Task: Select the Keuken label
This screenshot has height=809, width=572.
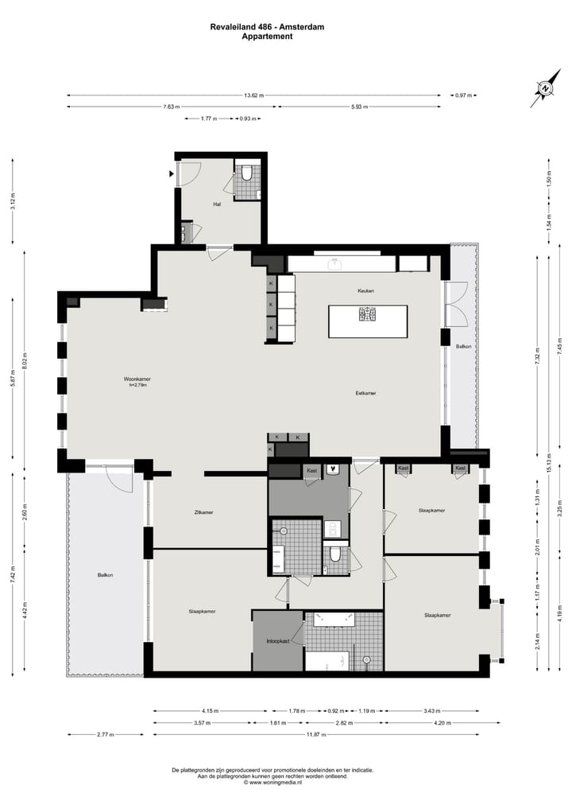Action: pyautogui.click(x=365, y=291)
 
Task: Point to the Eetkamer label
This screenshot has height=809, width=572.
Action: pyautogui.click(x=365, y=393)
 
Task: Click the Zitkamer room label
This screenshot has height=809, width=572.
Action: pyautogui.click(x=203, y=512)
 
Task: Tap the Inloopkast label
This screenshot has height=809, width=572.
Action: pyautogui.click(x=277, y=641)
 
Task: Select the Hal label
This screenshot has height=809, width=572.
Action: pyautogui.click(x=216, y=204)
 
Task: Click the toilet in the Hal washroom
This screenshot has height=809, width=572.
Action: pyautogui.click(x=247, y=173)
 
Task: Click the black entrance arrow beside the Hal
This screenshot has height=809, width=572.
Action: pyautogui.click(x=171, y=173)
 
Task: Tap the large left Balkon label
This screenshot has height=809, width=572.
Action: pyautogui.click(x=105, y=574)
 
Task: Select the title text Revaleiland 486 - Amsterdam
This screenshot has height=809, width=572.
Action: pyautogui.click(x=267, y=27)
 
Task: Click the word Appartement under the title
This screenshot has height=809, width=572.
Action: pyautogui.click(x=267, y=36)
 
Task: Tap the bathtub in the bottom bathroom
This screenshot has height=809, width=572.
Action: pyautogui.click(x=327, y=661)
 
